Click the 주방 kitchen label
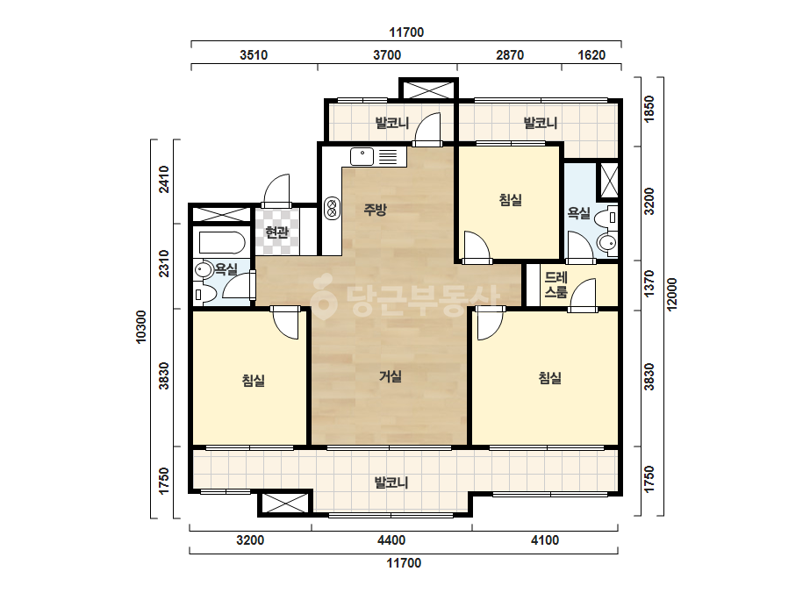click(x=375, y=209)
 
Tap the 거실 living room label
click(x=390, y=376)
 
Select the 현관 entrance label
click(x=277, y=232)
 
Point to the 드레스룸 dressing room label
click(x=556, y=284)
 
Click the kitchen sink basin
click(x=362, y=156)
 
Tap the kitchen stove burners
click(x=333, y=208)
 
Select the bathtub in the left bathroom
click(x=222, y=243)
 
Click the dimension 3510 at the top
click(x=254, y=55)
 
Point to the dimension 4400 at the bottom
click(x=391, y=540)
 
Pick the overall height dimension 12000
click(x=671, y=295)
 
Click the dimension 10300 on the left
click(x=140, y=327)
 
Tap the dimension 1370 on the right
click(x=649, y=283)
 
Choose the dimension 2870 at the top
click(x=510, y=55)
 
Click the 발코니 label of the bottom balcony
click(x=391, y=483)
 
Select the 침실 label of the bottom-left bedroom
click(x=253, y=381)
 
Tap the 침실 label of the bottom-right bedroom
click(x=549, y=378)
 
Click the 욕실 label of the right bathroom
click(x=578, y=213)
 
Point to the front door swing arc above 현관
click(x=276, y=190)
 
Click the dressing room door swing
click(x=584, y=295)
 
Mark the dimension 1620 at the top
click(x=591, y=55)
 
